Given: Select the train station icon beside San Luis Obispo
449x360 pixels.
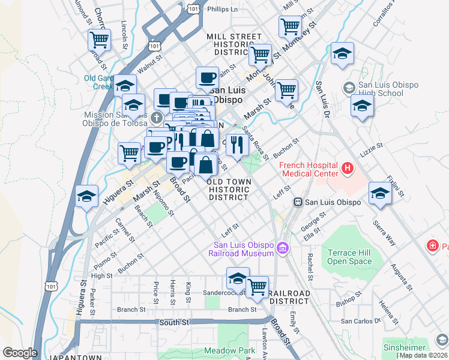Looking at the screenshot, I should [x=297, y=202].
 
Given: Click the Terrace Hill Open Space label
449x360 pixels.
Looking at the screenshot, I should [x=349, y=257].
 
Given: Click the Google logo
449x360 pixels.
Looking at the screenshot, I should [x=20, y=352].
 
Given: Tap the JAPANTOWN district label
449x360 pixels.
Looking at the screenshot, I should [x=77, y=358].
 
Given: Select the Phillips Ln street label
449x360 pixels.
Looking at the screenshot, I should [x=222, y=10].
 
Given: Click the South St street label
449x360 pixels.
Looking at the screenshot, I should [x=174, y=322].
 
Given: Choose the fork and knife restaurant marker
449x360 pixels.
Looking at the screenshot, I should [x=237, y=145].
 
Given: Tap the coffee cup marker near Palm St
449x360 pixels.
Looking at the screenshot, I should [x=207, y=77].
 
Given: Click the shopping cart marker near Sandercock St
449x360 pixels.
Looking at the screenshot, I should [x=257, y=286].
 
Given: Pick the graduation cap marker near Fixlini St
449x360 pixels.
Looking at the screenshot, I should [x=379, y=193].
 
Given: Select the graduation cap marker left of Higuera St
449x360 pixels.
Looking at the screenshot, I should [x=87, y=196].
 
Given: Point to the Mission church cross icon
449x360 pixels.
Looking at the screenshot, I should [x=157, y=116].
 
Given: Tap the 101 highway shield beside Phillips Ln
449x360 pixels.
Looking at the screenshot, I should [x=193, y=10].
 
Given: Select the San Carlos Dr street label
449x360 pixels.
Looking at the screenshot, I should [x=361, y=321].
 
